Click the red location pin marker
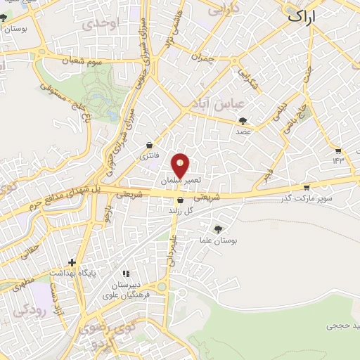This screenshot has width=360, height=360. click(x=181, y=165)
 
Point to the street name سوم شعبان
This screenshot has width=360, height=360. click(x=72, y=61)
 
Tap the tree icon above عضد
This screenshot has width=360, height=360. click(x=243, y=120)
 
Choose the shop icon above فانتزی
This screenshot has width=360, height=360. click(x=149, y=143)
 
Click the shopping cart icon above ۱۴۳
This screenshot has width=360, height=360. click(x=339, y=151)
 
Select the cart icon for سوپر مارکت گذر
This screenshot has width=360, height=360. click(x=307, y=187)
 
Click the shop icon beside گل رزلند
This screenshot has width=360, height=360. click(x=181, y=200)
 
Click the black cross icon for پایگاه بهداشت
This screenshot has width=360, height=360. click(x=72, y=262)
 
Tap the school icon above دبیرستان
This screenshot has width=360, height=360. click(x=127, y=274)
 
